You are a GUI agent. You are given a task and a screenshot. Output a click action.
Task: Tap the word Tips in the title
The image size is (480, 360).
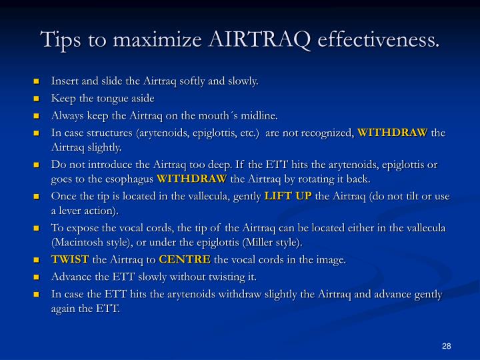pos(61,39)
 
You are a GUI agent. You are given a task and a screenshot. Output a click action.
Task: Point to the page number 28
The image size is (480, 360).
pos(447,345)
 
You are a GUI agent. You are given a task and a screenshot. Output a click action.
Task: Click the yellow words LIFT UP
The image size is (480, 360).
pos(289,195)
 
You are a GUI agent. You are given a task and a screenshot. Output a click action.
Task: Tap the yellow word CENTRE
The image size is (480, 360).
pos(185,260)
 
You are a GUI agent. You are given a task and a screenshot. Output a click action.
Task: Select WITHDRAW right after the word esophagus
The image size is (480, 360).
pos(193,179)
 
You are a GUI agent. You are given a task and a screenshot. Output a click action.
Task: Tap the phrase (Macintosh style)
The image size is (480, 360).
pos(91,243)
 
